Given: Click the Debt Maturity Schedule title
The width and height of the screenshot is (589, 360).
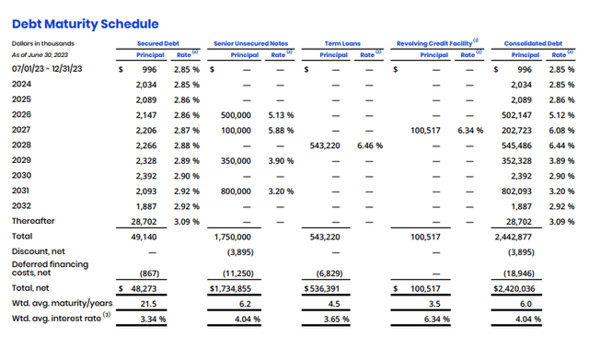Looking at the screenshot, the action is [x=86, y=24].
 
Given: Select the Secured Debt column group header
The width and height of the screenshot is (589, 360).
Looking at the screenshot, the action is [x=157, y=43].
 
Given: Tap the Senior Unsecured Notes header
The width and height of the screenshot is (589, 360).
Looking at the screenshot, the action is [x=250, y=43].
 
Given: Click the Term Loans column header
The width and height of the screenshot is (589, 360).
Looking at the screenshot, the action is [x=342, y=43].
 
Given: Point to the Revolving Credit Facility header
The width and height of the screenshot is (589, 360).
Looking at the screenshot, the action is [x=434, y=43].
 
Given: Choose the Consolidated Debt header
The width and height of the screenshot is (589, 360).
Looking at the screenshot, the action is [x=533, y=43].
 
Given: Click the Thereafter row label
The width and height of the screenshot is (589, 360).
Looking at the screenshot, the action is [x=33, y=221].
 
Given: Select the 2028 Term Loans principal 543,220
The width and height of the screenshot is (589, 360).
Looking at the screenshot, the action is [x=325, y=145].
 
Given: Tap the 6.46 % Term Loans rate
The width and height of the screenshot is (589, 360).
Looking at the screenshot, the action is [x=370, y=145].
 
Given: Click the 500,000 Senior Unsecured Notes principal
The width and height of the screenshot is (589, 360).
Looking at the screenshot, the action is [x=236, y=115].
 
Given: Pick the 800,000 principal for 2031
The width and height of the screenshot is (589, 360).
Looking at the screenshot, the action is [x=236, y=192].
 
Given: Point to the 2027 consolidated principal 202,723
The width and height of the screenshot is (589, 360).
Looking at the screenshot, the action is [x=516, y=131].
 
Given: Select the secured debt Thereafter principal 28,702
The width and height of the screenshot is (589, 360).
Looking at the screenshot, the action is [x=144, y=222].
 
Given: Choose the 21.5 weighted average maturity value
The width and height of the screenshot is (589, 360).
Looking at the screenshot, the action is [x=148, y=304].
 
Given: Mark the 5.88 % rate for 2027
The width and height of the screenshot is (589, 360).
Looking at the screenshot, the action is [x=281, y=131].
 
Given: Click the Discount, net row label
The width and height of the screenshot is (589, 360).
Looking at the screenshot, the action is [x=38, y=251].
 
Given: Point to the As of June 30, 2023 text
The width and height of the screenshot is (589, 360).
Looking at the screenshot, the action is [x=40, y=55].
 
